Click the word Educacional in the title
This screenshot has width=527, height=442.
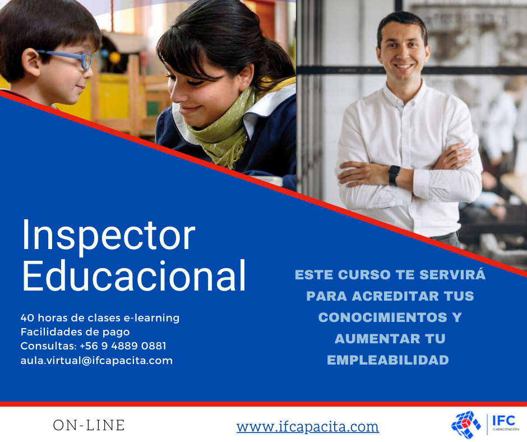click(x=135, y=275)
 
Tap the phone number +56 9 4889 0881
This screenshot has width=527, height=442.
click(x=123, y=346)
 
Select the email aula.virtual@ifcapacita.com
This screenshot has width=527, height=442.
click(x=96, y=360)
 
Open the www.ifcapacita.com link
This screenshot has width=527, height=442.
click(x=308, y=426)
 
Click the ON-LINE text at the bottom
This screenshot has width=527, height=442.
click(x=89, y=425)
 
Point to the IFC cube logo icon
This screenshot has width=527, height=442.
click(x=466, y=425)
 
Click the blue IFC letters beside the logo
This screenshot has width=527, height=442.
click(x=503, y=421)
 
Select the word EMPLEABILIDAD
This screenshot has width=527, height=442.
click(x=388, y=360)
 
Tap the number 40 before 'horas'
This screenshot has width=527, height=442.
click(x=26, y=317)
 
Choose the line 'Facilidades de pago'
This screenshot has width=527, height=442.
click(x=75, y=332)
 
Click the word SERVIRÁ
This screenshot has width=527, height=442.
click(x=452, y=274)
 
